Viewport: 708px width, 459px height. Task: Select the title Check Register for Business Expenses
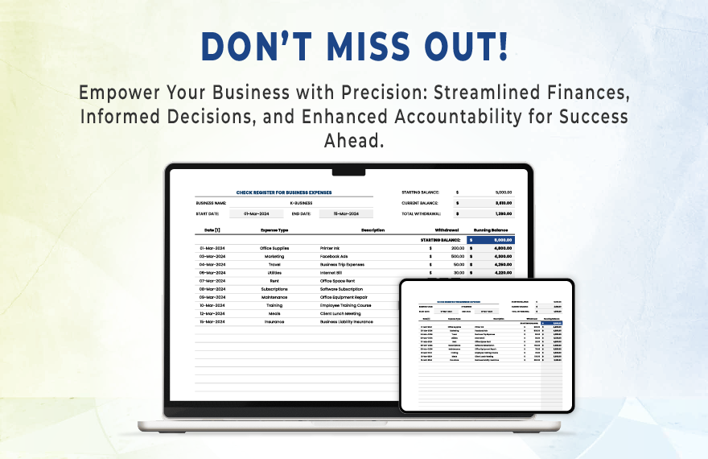(x=283, y=192)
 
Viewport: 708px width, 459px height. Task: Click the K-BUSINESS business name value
(x=301, y=203)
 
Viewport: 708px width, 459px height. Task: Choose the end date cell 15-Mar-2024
(x=340, y=213)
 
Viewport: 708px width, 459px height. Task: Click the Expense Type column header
(x=274, y=230)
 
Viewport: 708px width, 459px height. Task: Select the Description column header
(x=373, y=230)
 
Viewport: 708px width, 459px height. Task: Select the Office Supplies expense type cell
(x=274, y=248)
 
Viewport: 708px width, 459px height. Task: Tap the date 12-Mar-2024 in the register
(x=212, y=313)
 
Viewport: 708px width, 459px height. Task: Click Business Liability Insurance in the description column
(x=347, y=321)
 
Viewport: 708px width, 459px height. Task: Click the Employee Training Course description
(x=346, y=305)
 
